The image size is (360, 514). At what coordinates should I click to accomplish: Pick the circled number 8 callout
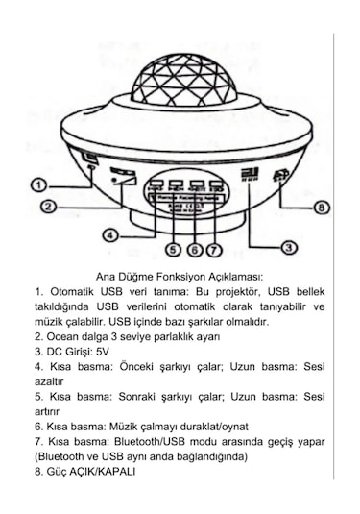click(322, 207)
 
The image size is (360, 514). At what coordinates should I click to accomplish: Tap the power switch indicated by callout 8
click(281, 177)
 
